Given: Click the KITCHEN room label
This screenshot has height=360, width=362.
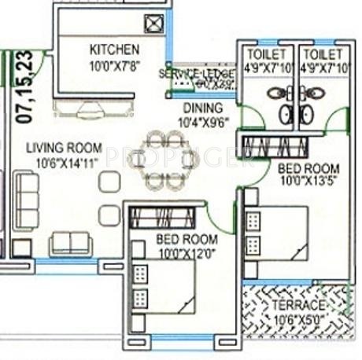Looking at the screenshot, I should click(x=114, y=49).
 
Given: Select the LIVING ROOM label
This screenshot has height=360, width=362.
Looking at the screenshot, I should click(x=64, y=148).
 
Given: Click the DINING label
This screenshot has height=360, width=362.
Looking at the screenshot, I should click(x=202, y=108).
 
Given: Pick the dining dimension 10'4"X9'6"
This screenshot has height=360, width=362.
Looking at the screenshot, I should click(x=203, y=122).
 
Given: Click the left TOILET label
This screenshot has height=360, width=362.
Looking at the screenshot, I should click(x=264, y=53).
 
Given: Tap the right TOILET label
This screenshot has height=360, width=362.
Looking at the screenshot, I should click(x=323, y=53).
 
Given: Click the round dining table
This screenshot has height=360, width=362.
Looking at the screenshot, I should click(x=164, y=160).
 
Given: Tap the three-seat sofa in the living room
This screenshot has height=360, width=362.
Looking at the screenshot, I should click(x=26, y=201).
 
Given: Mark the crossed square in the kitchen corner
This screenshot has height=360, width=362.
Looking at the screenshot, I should click(x=155, y=23).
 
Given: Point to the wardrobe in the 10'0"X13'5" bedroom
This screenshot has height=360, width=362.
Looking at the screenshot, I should click(x=271, y=146).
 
